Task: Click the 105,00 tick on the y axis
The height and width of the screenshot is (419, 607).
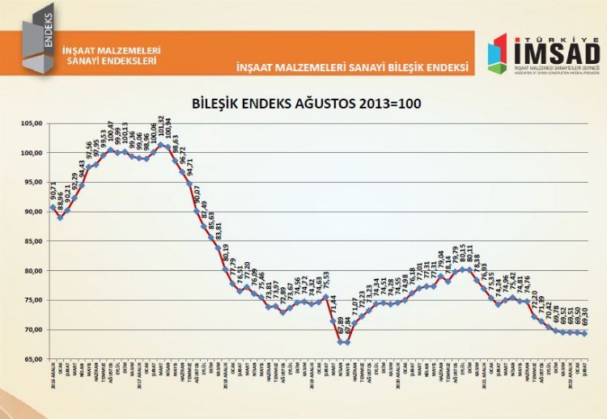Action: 32,123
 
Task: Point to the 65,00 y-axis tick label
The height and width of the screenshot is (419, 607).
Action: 32,358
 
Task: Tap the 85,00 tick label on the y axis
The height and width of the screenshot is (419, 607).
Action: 32,241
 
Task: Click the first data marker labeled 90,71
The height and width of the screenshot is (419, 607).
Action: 53,207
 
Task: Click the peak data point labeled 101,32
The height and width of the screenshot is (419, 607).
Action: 159,146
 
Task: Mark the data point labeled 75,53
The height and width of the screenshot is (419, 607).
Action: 325,296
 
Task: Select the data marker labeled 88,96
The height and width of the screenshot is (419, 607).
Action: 60,218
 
